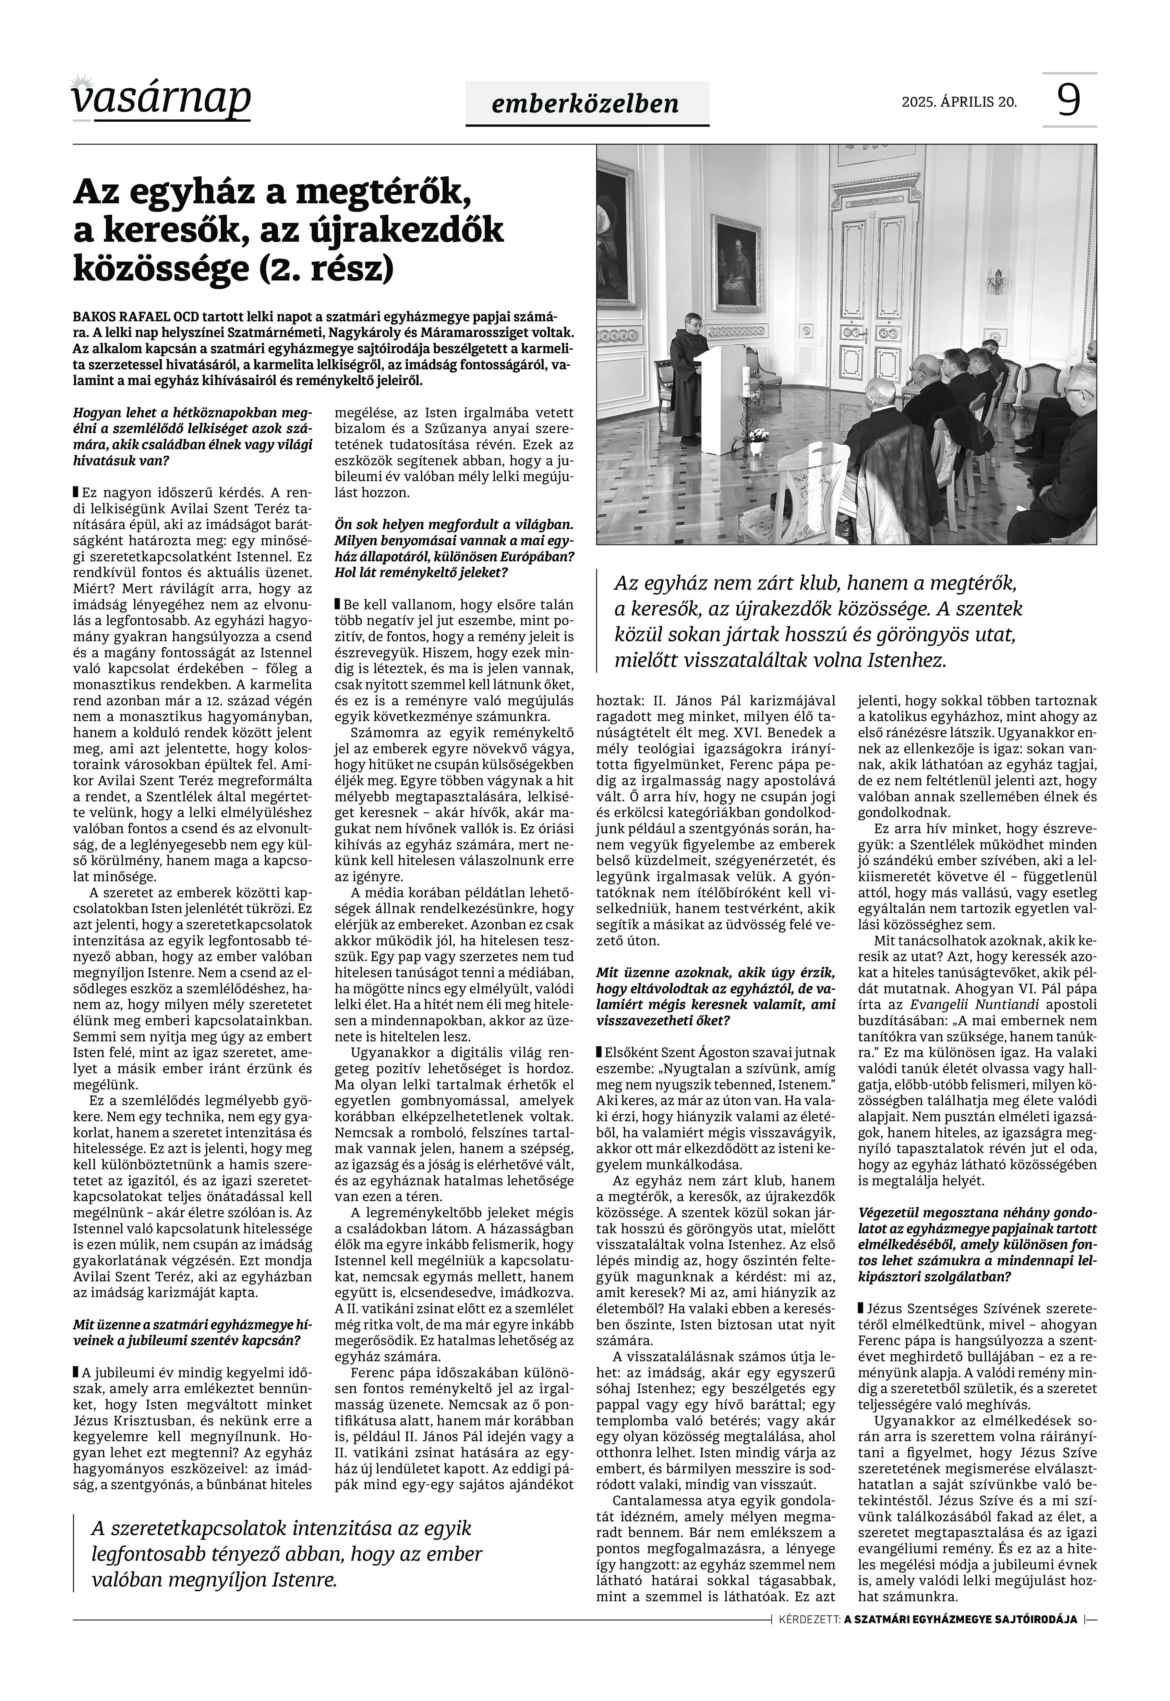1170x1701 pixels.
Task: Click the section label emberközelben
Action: point(586,104)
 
